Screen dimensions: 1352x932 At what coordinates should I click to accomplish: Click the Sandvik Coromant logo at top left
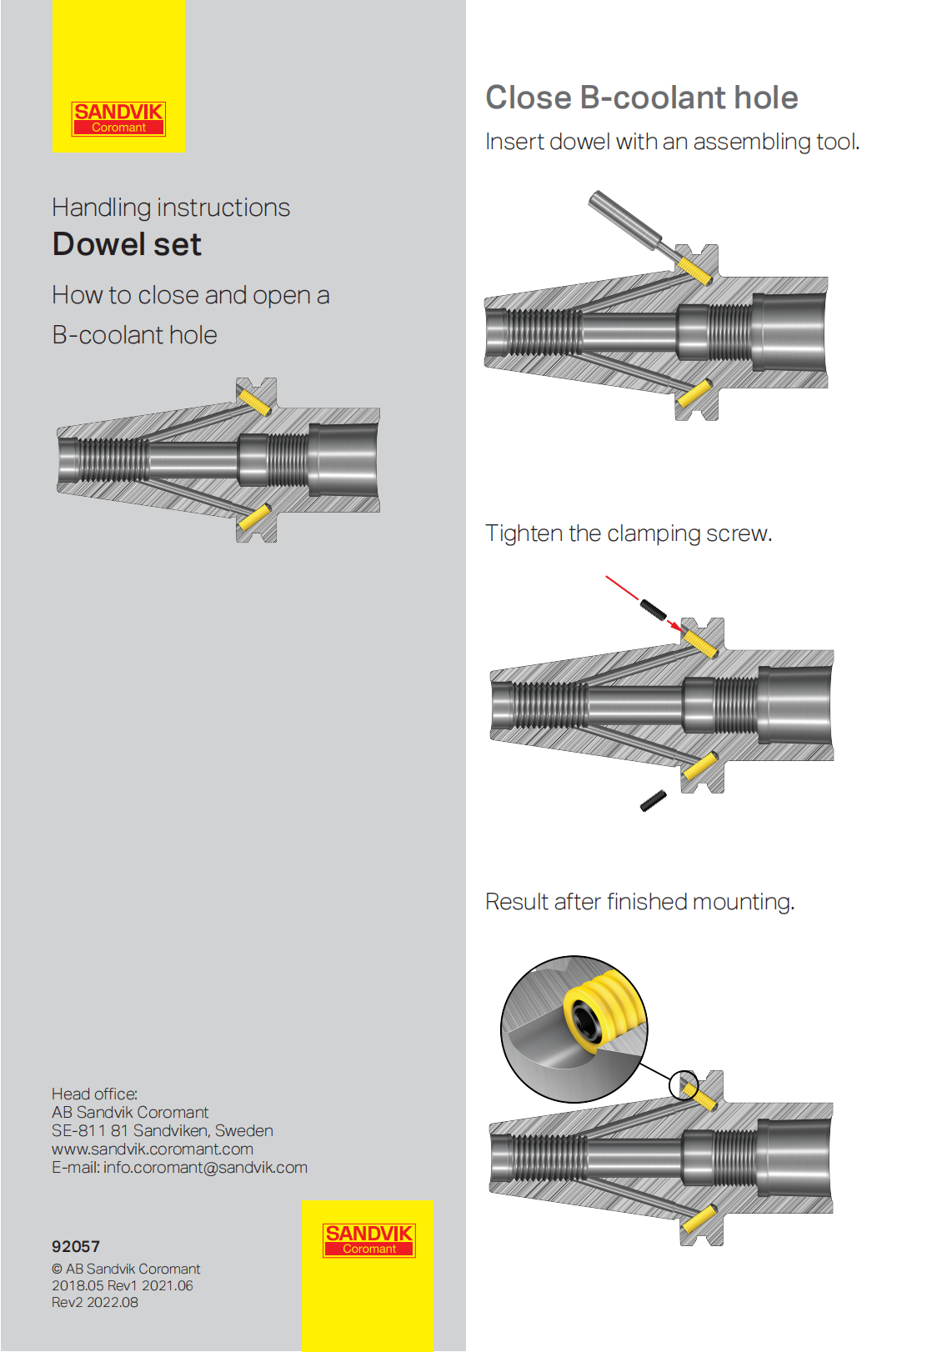coord(118,118)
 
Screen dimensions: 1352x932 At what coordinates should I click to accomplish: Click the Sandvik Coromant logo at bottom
coord(368,1239)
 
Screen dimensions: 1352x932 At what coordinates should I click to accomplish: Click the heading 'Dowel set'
coord(127,244)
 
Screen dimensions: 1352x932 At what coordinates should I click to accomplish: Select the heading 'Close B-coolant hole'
coord(641,98)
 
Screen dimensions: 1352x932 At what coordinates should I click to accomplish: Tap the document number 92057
coord(76,1246)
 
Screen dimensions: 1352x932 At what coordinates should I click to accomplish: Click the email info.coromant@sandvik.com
coord(205,1167)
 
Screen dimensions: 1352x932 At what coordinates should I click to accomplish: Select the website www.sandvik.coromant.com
coord(153,1149)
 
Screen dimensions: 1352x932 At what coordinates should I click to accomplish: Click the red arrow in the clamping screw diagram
coord(642,598)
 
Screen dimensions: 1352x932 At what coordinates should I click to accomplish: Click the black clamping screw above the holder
coord(654,609)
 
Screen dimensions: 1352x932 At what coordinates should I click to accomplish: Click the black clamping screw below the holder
coord(654,800)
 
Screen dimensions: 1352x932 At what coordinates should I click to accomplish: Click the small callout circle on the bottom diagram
coord(683,1084)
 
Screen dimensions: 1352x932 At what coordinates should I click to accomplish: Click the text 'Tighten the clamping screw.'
coord(629,533)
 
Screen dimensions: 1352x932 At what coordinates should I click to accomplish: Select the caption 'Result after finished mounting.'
coord(639,902)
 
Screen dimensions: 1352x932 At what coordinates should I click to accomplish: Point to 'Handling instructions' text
coord(171,207)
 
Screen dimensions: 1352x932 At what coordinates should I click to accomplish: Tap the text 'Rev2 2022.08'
coord(95,1302)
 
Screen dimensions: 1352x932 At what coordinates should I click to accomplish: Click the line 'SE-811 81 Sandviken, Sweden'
coord(163,1130)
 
